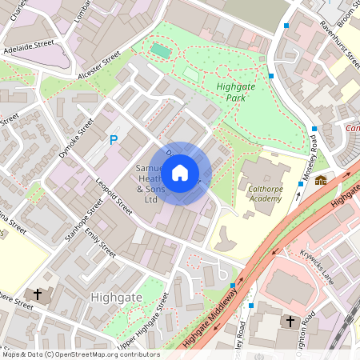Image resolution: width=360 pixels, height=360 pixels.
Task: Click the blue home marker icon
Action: tap(180, 172)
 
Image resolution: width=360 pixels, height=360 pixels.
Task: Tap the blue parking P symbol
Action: tap(114, 141)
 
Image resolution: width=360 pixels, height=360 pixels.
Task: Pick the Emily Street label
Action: tap(106, 242)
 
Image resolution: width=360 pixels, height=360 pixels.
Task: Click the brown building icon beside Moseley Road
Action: tap(321, 180)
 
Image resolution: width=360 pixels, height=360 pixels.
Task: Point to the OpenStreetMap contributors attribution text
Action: tap(80, 354)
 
